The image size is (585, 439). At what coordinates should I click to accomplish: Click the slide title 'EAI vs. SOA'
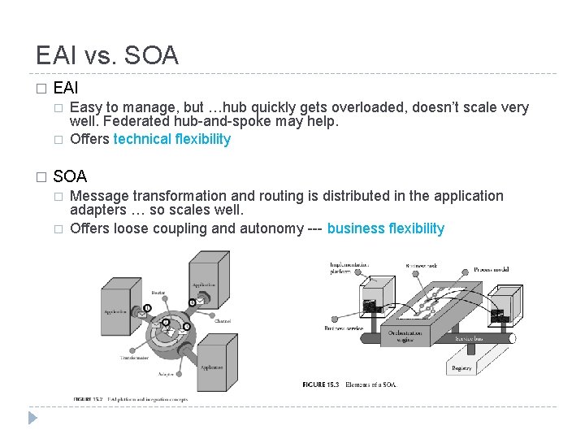tap(107, 55)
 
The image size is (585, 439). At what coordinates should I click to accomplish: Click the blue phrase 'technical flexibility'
tap(172, 139)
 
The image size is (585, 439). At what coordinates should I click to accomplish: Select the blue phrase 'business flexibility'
tap(386, 228)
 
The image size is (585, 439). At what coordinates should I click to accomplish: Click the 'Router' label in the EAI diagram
tap(158, 292)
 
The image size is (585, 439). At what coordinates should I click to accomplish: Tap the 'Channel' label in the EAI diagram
tap(222, 321)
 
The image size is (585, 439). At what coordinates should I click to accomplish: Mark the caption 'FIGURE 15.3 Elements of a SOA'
tap(348, 384)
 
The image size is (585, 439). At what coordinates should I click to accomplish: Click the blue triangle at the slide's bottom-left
tap(32, 418)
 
